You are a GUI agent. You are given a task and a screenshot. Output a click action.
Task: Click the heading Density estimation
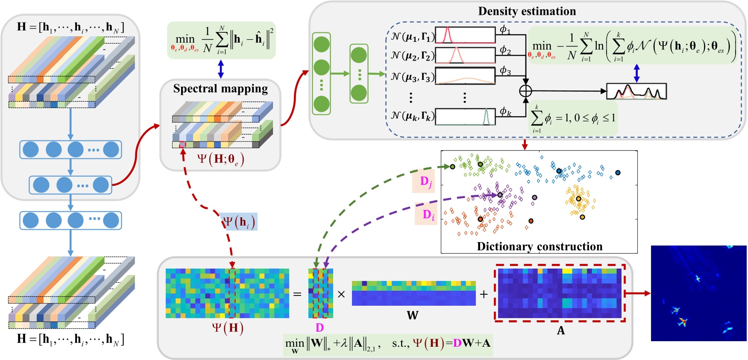pos(527,11)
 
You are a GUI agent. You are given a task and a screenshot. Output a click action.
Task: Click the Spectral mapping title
pos(220,88)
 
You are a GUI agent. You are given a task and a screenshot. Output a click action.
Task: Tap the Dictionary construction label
pos(540,246)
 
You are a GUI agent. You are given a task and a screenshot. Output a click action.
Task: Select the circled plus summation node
pos(525,91)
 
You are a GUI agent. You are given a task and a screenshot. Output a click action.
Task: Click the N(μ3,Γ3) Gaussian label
pos(413,77)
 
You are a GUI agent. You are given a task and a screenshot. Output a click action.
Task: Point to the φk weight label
pos(505,111)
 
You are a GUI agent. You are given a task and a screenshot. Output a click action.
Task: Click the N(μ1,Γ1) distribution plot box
pos(465,35)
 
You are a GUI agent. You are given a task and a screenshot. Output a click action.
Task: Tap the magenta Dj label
pos(425,182)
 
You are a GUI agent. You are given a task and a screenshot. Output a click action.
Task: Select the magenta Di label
pos(428,215)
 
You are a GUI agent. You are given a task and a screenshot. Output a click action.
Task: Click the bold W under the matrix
pos(412,315)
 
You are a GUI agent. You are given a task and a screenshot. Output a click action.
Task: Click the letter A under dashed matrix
pos(560,330)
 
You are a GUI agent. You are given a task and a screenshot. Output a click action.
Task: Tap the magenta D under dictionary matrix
pos(320,328)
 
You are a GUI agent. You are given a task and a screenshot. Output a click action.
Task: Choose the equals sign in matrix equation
pos(297,294)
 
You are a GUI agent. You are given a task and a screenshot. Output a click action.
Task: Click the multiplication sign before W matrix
pos(341,294)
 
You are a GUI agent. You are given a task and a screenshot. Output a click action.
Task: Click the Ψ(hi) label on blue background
pos(239,222)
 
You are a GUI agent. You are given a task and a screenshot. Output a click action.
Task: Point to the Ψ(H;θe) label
pos(220,159)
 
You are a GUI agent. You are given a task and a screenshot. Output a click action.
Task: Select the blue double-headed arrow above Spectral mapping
pos(220,69)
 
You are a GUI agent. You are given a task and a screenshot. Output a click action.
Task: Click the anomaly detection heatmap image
pos(698,293)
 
